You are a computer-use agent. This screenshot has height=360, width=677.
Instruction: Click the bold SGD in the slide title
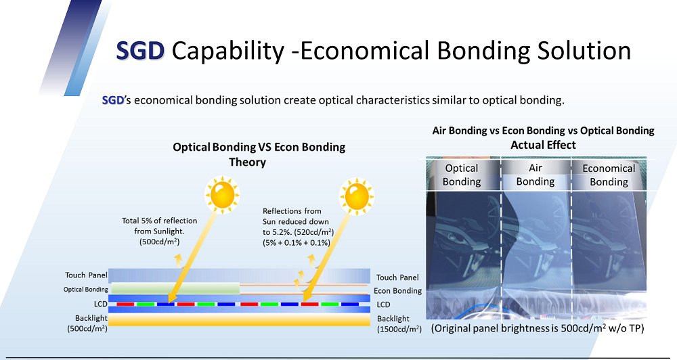(140, 51)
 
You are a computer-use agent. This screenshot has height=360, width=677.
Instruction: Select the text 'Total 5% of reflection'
(159, 221)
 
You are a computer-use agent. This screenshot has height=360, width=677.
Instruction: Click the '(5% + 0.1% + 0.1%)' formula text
(297, 242)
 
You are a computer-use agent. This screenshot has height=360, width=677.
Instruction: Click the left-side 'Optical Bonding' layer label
(85, 289)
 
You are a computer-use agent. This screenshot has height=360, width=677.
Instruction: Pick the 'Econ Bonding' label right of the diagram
(397, 291)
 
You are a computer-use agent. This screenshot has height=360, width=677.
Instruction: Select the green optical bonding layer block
(175, 288)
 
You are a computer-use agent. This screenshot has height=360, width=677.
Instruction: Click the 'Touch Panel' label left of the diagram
(86, 275)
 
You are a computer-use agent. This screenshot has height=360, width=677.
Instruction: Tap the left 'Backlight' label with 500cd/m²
(87, 323)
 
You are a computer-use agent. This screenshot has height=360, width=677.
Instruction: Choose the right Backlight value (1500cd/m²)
(399, 330)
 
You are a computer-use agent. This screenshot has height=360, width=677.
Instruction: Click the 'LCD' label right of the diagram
(383, 305)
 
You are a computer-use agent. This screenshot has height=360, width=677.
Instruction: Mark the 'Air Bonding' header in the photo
(536, 175)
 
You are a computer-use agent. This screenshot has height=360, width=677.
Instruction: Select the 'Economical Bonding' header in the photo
(609, 175)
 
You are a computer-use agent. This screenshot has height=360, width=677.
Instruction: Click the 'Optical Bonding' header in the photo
(462, 175)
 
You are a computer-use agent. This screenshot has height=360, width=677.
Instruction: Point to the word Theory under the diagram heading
(247, 162)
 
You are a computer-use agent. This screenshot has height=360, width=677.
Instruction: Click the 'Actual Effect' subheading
(543, 145)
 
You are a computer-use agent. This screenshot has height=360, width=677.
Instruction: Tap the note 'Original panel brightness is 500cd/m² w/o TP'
(538, 328)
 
